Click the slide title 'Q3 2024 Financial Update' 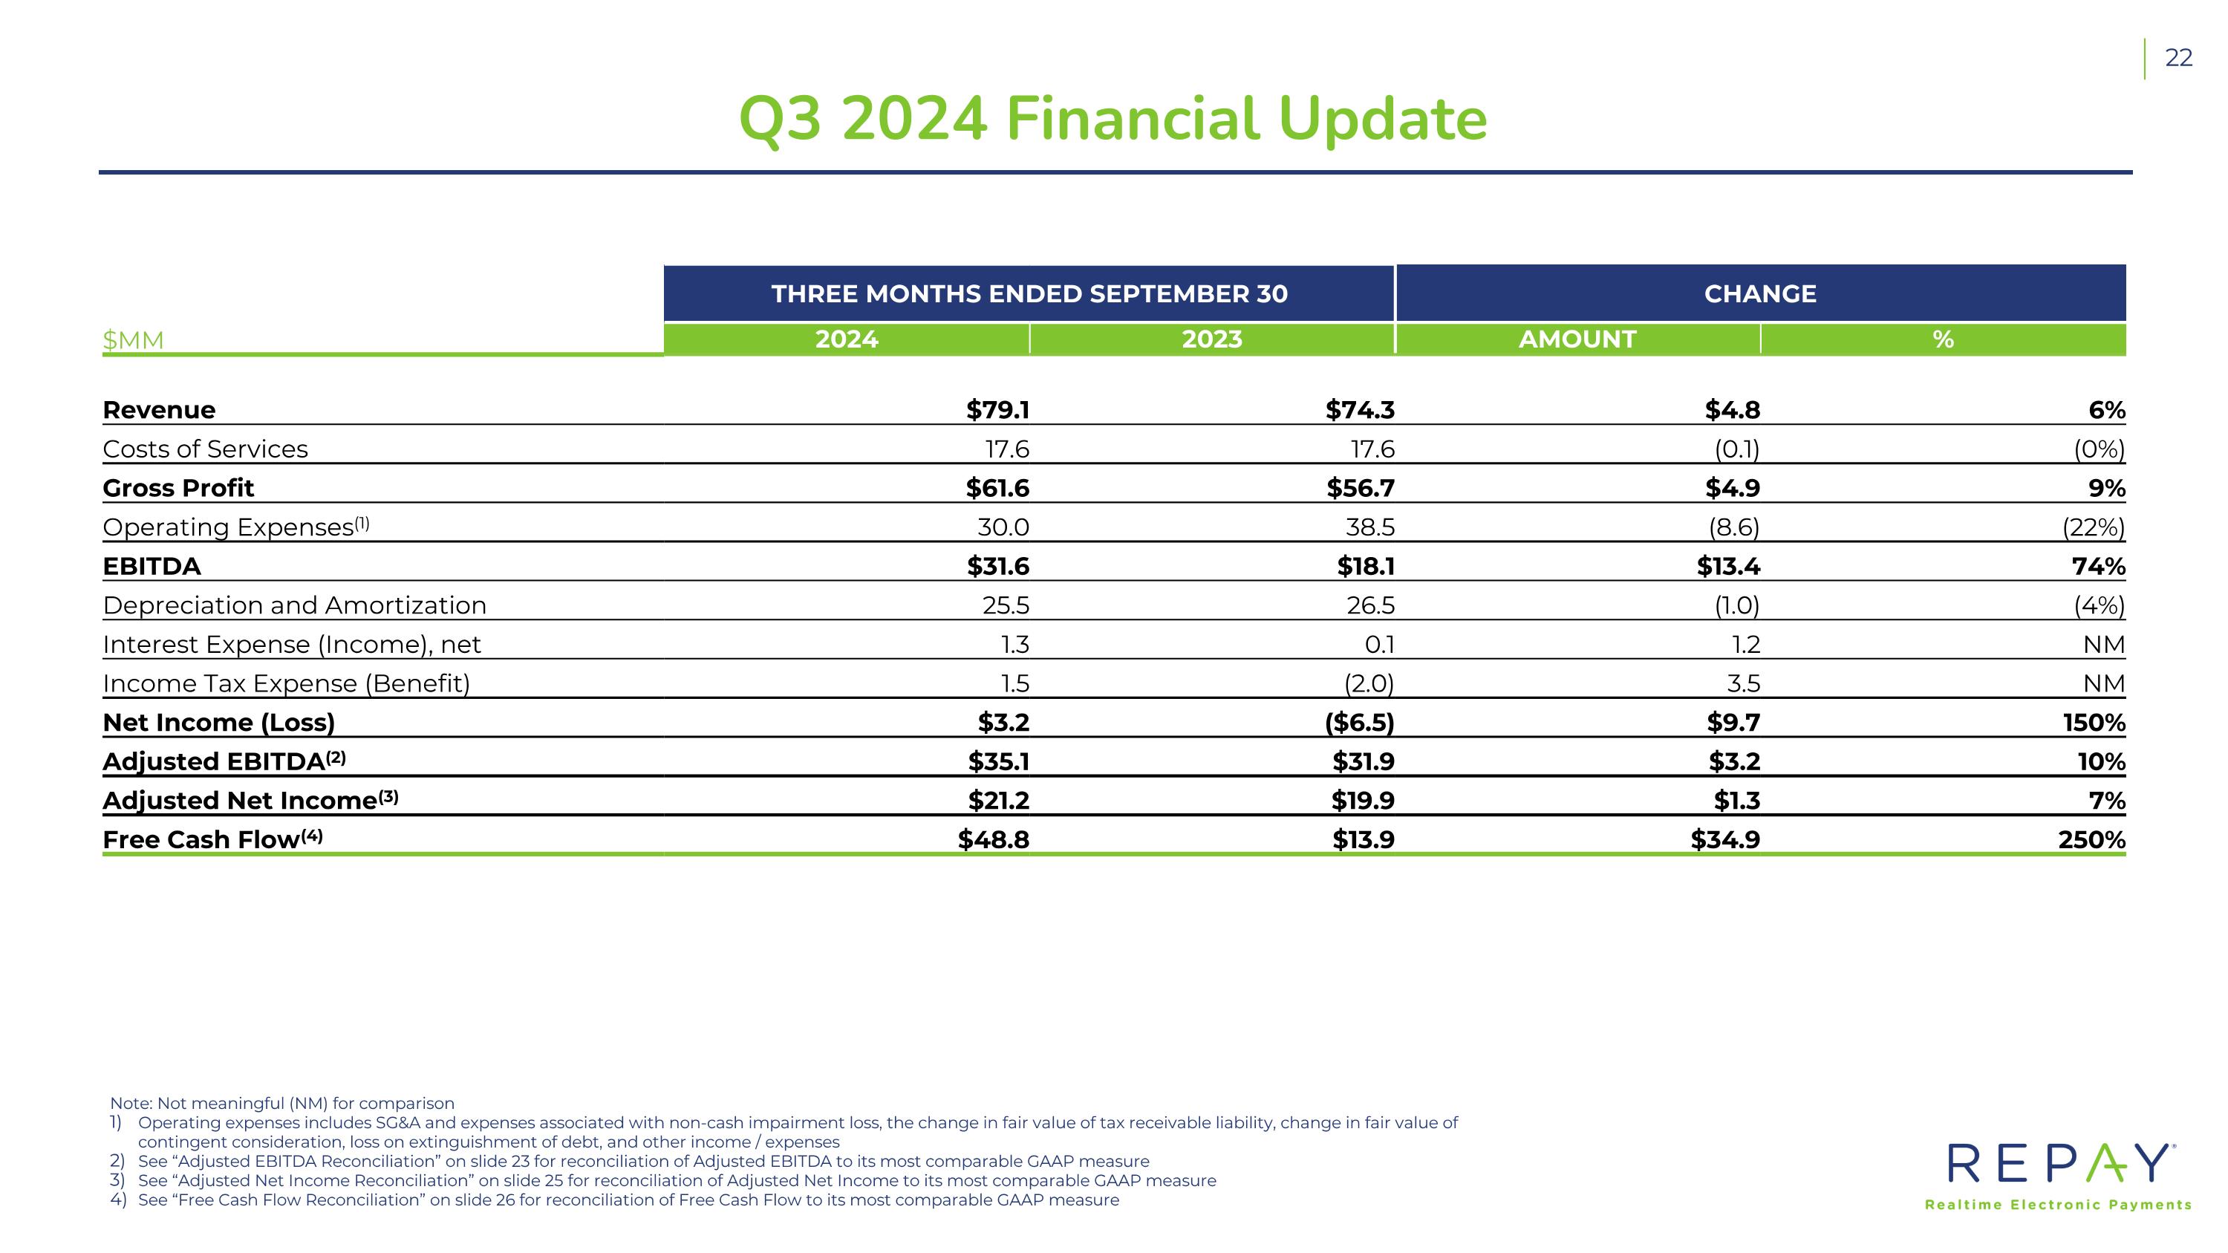(x=1113, y=120)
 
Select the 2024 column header (x=846, y=339)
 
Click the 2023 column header (x=1212, y=339)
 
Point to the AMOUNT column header (x=1577, y=339)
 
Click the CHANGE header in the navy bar (x=1760, y=294)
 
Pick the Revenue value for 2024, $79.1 (x=998, y=410)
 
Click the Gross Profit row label (x=178, y=488)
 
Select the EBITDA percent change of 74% (x=2098, y=567)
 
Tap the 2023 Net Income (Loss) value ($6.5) (x=1360, y=722)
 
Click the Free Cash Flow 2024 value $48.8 (x=994, y=839)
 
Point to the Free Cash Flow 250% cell (x=2091, y=839)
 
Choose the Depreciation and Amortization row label (x=295, y=605)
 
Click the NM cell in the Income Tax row (x=2104, y=684)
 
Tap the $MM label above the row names (x=133, y=340)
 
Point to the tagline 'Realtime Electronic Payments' (x=2059, y=1205)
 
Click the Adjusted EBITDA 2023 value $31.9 (x=1363, y=762)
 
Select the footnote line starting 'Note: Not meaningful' (x=282, y=1104)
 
